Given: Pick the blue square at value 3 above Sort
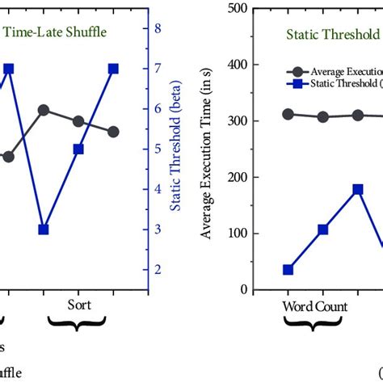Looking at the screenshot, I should click(44, 229).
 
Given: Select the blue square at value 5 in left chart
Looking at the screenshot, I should click(78, 149).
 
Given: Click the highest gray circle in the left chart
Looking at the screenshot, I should click(44, 109).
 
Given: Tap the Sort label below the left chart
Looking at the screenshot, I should click(78, 305).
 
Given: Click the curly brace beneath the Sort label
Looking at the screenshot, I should click(78, 324).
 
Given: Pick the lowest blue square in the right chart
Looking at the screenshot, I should click(288, 270).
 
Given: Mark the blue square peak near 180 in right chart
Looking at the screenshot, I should click(357, 189).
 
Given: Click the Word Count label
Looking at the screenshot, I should click(314, 307).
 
